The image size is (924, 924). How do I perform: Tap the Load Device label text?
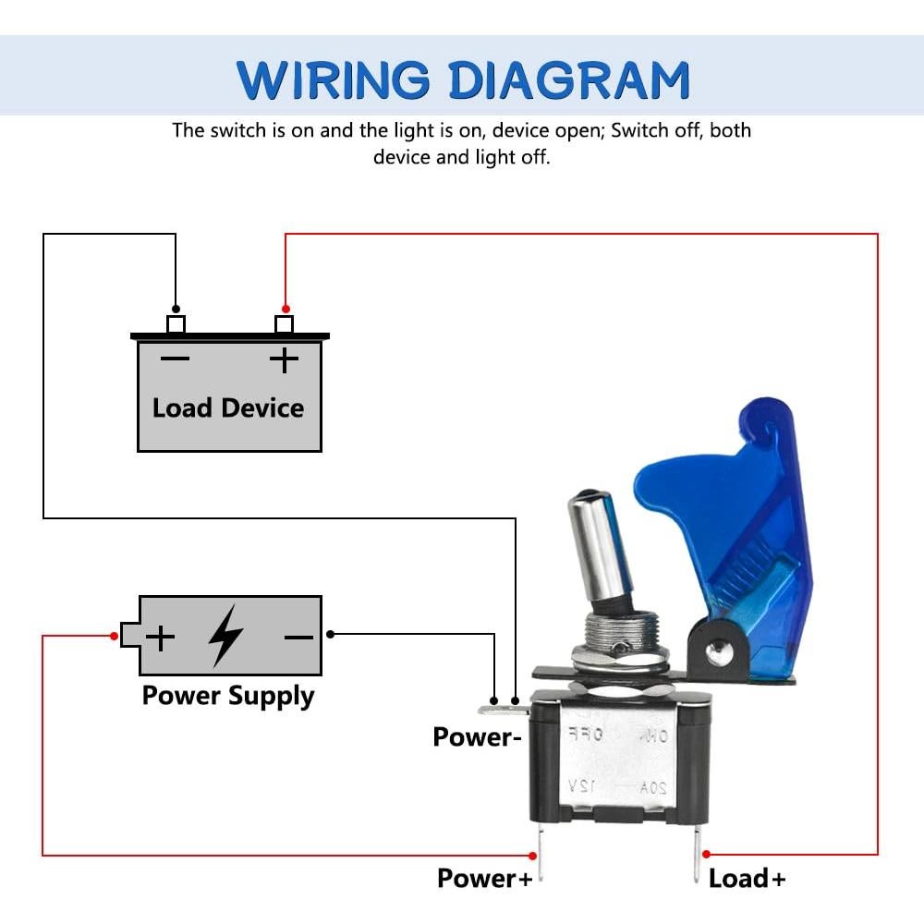(x=228, y=407)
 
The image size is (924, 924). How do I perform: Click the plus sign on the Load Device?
(x=285, y=359)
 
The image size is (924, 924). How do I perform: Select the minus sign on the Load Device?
(x=175, y=359)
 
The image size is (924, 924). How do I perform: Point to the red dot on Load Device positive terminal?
(x=286, y=310)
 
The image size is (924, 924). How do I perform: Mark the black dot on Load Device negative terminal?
(x=176, y=310)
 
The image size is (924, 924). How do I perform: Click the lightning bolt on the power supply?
(x=225, y=636)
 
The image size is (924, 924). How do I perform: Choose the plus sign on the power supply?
(x=161, y=637)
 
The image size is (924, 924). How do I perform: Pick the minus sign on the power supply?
(x=298, y=637)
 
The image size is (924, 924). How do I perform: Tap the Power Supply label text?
(x=228, y=696)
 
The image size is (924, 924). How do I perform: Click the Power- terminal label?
(x=478, y=737)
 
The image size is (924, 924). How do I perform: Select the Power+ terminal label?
(x=485, y=878)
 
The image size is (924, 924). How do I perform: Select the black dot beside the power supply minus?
(x=331, y=634)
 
